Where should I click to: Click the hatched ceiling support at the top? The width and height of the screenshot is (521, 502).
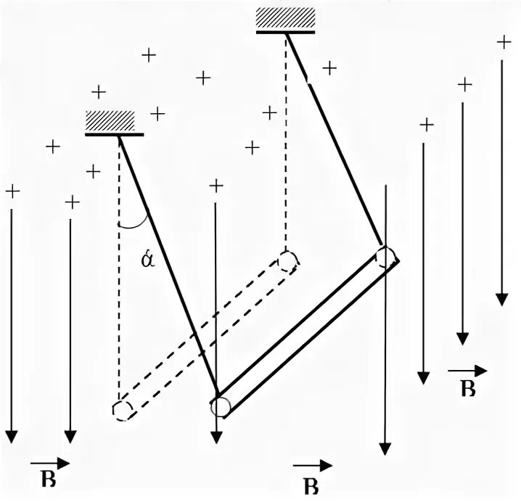286,18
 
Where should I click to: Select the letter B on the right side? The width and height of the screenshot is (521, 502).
468,389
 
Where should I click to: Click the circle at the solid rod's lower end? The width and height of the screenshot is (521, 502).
221,406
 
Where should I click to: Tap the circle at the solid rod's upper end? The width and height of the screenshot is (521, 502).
386,257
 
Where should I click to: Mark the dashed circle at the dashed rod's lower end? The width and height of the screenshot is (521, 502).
123,411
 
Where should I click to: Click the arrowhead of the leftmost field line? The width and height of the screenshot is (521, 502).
11,435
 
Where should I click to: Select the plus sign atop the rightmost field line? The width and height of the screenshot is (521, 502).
503,42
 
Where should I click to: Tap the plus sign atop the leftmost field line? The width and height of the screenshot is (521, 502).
12,192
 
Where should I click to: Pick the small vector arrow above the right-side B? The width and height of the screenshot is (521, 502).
467,371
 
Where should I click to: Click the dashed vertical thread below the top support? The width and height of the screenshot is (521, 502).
287,145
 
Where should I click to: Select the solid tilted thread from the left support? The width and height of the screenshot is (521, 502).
167,261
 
